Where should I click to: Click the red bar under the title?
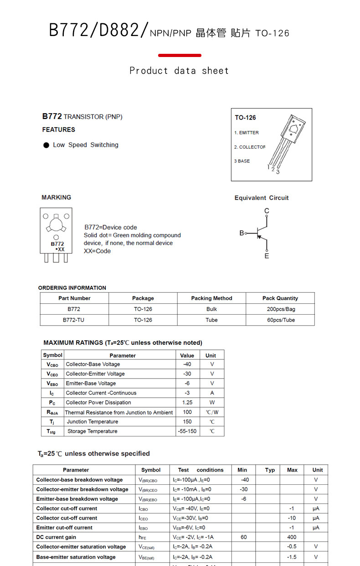point(180,56)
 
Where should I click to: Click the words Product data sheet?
point(179,71)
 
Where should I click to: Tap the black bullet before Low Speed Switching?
point(46,145)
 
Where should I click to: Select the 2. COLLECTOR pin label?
point(249,147)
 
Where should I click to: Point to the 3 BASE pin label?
point(242,161)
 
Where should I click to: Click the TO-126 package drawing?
point(288,141)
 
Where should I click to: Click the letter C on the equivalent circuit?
point(267,211)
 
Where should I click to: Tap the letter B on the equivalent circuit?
point(242,233)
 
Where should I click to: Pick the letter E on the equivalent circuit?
point(267,256)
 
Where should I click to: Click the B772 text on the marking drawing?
point(57,244)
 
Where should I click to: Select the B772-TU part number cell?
point(73,320)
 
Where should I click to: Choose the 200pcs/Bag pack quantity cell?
point(281,309)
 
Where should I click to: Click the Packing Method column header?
point(211,298)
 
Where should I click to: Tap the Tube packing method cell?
point(211,320)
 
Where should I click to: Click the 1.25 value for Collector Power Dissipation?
point(187,403)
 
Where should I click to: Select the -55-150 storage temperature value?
point(187,431)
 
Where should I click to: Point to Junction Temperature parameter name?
point(93,422)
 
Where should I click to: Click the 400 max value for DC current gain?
point(292,537)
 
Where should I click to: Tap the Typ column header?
point(270,470)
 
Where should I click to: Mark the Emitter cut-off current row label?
point(64,528)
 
